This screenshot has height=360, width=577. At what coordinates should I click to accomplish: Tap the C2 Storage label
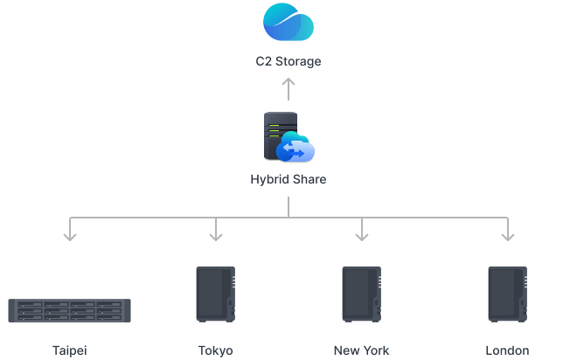tap(288, 62)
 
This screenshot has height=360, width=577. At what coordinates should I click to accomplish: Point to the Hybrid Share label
tap(288, 181)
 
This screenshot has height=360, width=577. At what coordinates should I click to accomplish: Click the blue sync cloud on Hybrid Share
tap(295, 151)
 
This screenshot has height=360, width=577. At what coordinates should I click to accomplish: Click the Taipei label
tap(70, 351)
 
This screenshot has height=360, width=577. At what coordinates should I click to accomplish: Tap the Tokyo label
tap(216, 351)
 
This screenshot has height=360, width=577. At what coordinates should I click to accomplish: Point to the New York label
tap(361, 351)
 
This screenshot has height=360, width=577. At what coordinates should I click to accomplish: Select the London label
tap(507, 351)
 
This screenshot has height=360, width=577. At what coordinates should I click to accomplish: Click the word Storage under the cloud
tap(300, 62)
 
